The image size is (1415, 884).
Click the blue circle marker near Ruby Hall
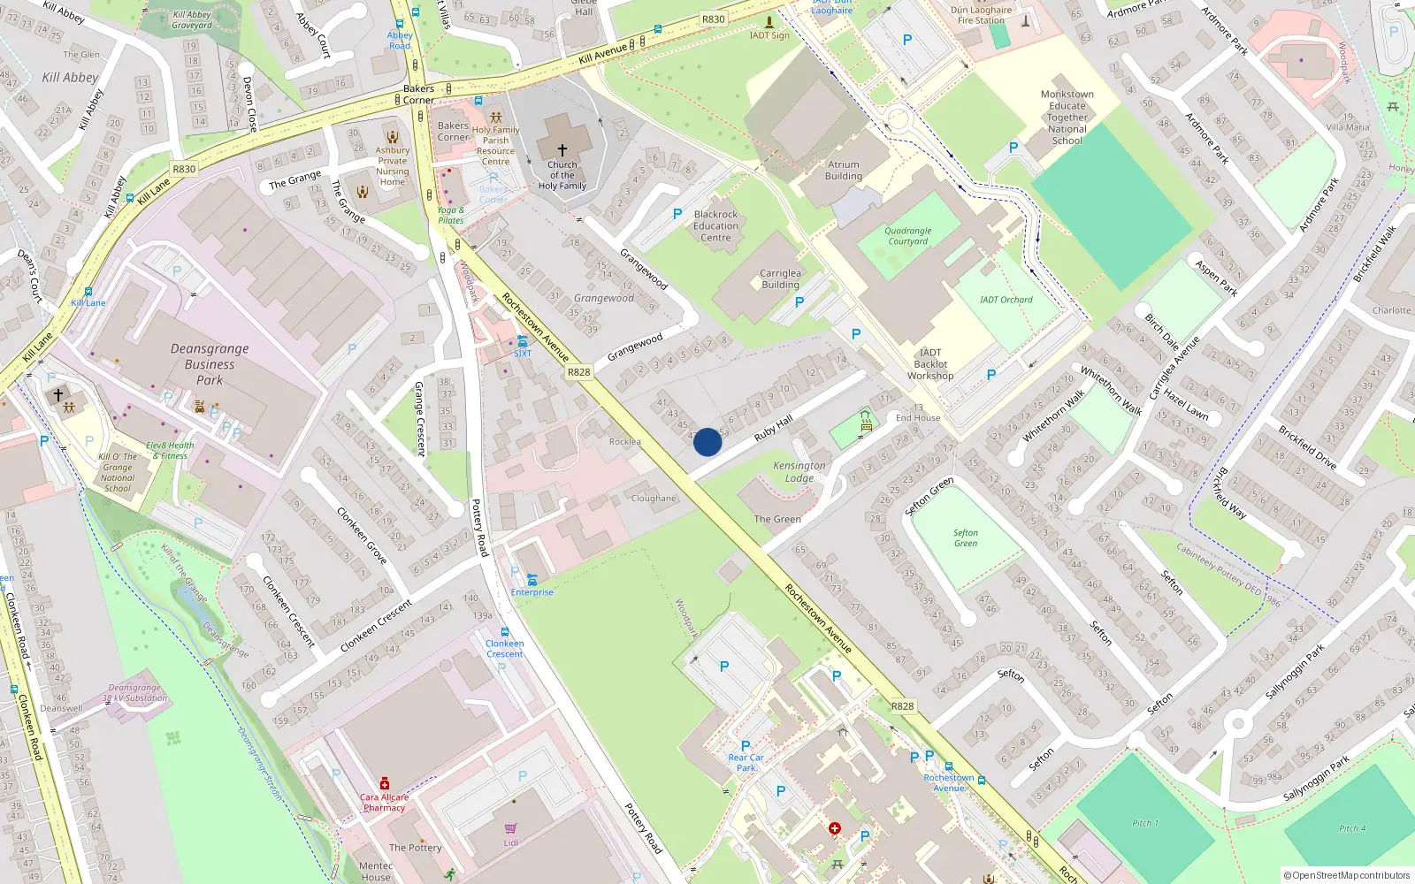pos(707,442)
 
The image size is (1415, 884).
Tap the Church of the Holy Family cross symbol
pos(562,150)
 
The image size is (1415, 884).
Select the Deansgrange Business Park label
pos(210,364)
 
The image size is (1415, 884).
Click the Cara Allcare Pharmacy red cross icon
pos(384,784)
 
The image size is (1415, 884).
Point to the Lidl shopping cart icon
pos(510,829)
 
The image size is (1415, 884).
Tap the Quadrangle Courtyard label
pos(908,236)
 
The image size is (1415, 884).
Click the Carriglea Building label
pos(780,279)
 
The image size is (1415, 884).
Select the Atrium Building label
pos(844,171)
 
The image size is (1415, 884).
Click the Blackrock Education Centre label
pos(716,226)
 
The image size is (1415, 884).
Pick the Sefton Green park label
pos(966,538)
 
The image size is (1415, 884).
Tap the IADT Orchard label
pos(1006,300)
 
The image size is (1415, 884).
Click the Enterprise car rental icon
pos(532,580)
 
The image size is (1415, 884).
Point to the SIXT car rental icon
pos(523,341)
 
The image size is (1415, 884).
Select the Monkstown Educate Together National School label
pos(1067,118)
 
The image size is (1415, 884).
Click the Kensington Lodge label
pos(799,472)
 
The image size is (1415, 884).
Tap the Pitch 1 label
pos(1145,823)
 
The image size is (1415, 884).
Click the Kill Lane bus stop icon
pos(88,291)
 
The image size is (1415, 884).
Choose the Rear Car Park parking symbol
pos(746,746)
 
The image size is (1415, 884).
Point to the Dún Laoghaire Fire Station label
pos(982,15)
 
